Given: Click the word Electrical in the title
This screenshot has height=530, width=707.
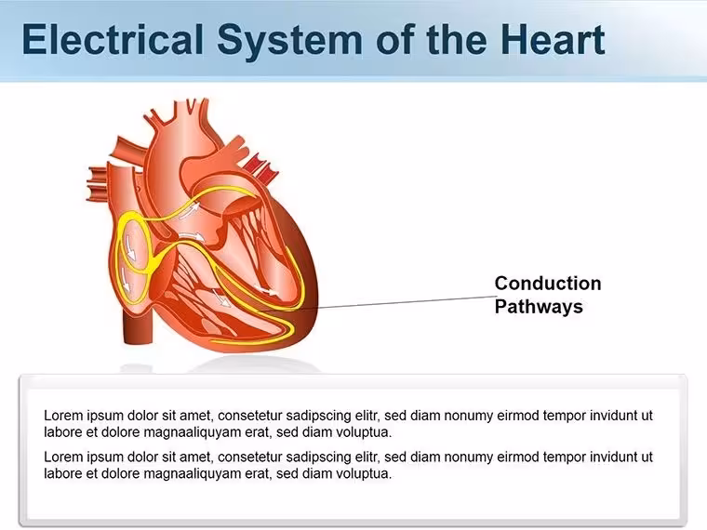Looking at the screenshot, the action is tap(113, 40).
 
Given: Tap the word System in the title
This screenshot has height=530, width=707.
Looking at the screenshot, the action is tap(289, 42).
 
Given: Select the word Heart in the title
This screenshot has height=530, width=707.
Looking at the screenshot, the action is tap(553, 40).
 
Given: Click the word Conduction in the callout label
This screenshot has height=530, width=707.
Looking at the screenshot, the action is tap(548, 284).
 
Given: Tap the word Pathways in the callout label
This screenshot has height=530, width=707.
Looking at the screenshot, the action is tap(539, 307).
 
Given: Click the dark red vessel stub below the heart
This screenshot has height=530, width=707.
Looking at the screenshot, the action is tap(139, 328).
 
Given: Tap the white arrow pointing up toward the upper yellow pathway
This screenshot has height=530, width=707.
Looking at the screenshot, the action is tap(190, 210).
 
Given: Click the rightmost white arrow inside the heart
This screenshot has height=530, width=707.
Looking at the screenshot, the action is tap(266, 290).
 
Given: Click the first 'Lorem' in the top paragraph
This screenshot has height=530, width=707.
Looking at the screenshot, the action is tap(63, 415).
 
